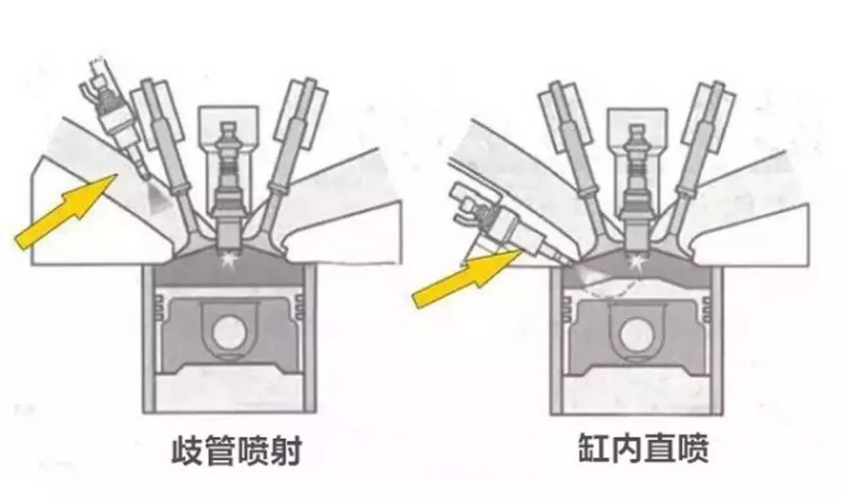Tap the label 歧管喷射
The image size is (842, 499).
(236, 450)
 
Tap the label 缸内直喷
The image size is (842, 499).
(643, 448)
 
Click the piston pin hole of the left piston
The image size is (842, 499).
(229, 333)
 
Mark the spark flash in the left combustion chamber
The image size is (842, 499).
(228, 259)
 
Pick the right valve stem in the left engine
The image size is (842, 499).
(287, 151)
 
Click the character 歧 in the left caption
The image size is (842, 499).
(187, 450)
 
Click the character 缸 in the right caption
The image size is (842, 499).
(594, 448)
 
